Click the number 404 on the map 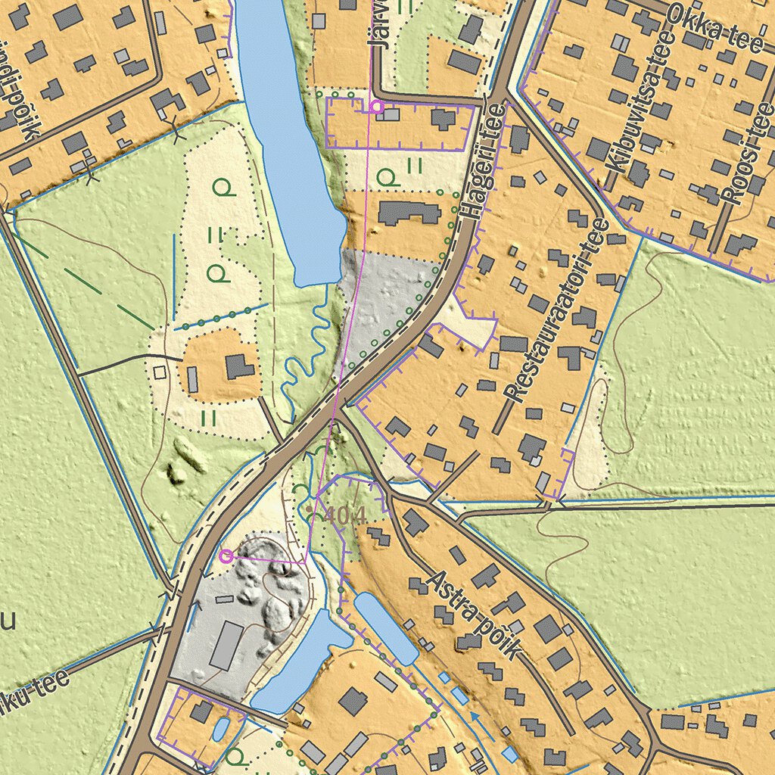pyautogui.click(x=344, y=515)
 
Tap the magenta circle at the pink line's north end pyautogui.click(x=376, y=107)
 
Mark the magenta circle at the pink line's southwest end pyautogui.click(x=225, y=556)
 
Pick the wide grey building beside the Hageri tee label pyautogui.click(x=409, y=213)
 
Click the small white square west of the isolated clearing pyautogui.click(x=159, y=372)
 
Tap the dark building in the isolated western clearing pyautogui.click(x=239, y=367)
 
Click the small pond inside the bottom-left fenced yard pyautogui.click(x=219, y=729)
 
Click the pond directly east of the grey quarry pyautogui.click(x=303, y=662)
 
